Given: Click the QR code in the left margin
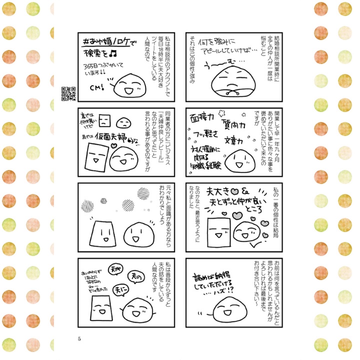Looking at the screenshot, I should coord(68,93).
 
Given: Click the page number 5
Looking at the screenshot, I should coord(79,338).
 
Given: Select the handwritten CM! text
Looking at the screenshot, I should coord(96,87).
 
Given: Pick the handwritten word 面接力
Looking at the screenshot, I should coord(201,118).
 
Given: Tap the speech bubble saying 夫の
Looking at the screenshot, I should coord(135,275).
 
